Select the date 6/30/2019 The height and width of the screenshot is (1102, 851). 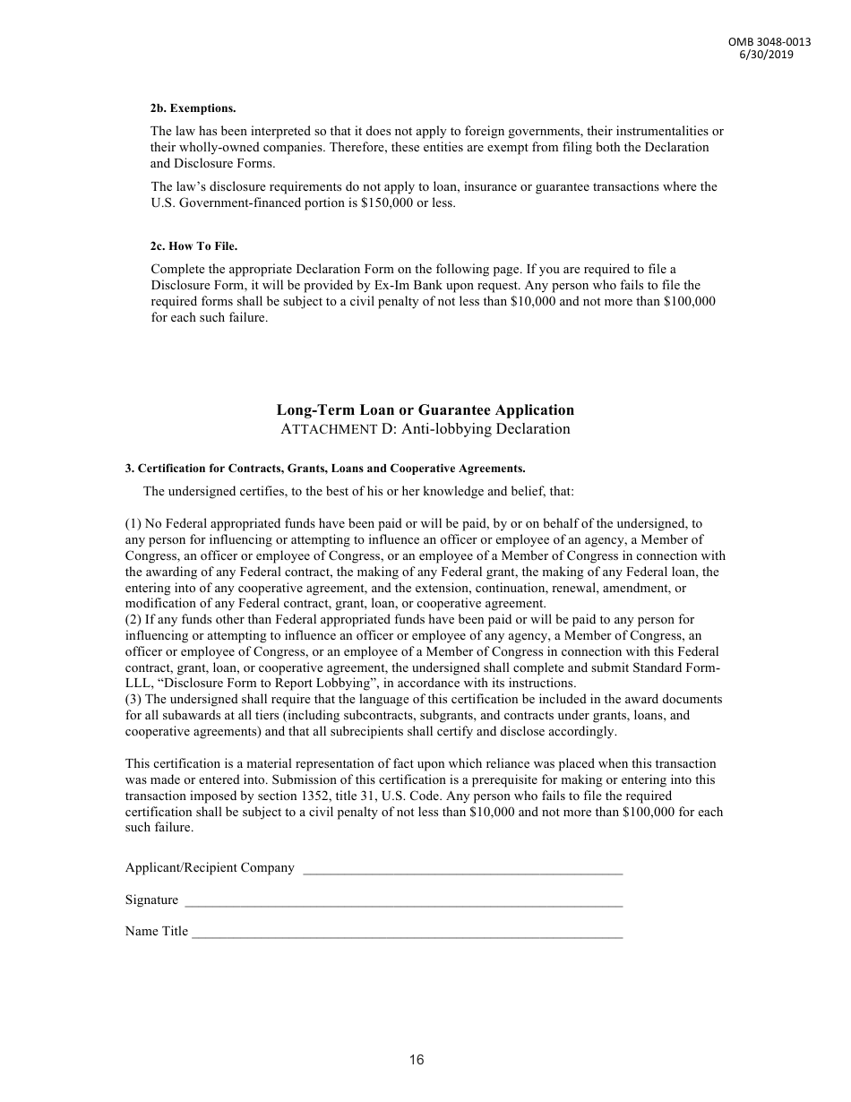click(x=766, y=54)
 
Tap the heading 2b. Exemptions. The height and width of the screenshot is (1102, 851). click(x=193, y=108)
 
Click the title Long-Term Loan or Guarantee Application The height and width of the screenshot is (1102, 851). click(x=425, y=409)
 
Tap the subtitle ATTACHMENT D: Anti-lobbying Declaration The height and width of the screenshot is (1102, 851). click(x=425, y=428)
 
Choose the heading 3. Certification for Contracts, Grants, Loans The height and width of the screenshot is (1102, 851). click(x=324, y=468)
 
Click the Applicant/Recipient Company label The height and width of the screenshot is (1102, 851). click(x=210, y=867)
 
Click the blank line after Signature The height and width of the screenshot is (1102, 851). click(x=403, y=900)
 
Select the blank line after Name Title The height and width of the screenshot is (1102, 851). click(x=408, y=932)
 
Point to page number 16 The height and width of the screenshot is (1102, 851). click(x=417, y=1060)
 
